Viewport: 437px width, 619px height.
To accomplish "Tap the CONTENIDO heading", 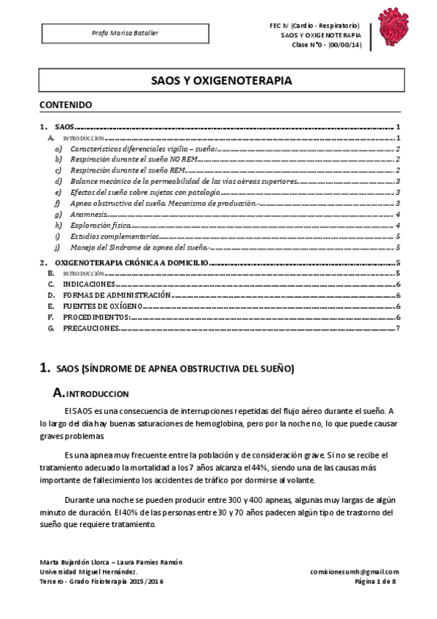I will [x=66, y=104].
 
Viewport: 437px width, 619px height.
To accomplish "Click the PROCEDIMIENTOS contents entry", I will [x=96, y=318].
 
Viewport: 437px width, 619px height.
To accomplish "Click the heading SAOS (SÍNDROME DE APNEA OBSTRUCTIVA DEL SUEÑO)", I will [x=175, y=369].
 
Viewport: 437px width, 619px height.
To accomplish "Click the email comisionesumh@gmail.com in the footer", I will [x=354, y=572].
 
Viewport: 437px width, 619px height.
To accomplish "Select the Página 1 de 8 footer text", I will [x=375, y=582].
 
